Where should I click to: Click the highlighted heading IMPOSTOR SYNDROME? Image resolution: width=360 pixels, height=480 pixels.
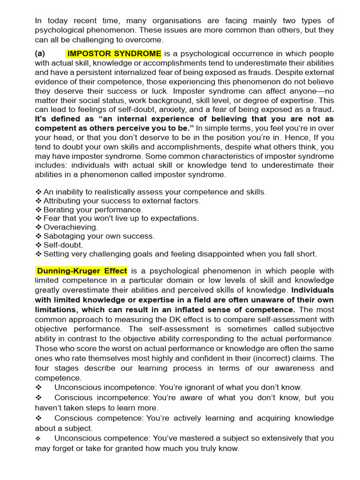pyautogui.click(x=114, y=53)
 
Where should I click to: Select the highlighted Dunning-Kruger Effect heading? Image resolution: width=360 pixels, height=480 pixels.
pyautogui.click(x=82, y=271)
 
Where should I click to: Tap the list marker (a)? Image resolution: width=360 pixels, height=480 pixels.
pyautogui.click(x=40, y=53)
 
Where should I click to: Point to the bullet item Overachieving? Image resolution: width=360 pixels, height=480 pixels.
pyautogui.click(x=71, y=227)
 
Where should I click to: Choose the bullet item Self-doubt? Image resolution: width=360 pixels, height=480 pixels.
pyautogui.click(x=62, y=245)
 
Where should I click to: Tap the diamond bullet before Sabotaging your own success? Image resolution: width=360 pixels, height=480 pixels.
pyautogui.click(x=38, y=236)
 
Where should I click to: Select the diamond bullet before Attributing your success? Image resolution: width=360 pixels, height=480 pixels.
pyautogui.click(x=38, y=201)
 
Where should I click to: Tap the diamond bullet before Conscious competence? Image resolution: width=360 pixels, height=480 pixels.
pyautogui.click(x=38, y=418)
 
